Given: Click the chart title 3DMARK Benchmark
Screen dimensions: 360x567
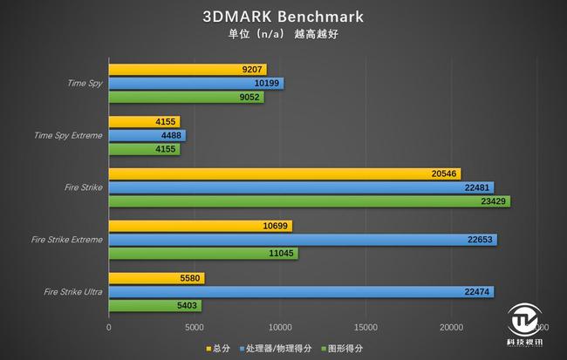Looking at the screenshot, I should (283, 17).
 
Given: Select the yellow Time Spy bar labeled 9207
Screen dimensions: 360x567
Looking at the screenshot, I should (188, 69).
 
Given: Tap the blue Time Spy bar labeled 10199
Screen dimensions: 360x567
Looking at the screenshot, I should (196, 83).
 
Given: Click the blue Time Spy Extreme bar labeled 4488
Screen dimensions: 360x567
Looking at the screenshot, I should (147, 135).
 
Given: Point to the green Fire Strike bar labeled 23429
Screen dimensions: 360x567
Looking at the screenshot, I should (309, 200).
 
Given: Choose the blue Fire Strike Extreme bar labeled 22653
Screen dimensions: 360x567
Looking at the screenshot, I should (303, 240).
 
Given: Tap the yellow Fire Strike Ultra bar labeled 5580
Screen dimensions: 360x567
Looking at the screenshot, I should (156, 278).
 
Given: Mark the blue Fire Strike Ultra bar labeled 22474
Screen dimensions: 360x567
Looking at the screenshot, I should (301, 292).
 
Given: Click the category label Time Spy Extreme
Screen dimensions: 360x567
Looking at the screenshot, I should (67, 135).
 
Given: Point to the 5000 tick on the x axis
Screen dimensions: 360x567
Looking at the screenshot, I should (194, 328).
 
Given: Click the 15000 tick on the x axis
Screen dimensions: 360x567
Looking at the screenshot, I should (365, 328).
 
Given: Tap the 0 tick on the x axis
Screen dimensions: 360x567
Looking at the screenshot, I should (109, 328).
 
